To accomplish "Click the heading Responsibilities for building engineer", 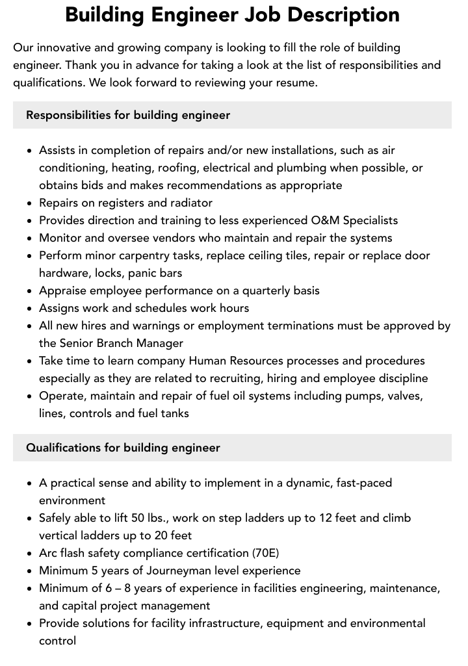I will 128,115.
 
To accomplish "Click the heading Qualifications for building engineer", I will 123,448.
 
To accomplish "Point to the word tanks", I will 174,413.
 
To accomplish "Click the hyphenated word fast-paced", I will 360,483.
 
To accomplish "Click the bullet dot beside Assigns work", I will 30,309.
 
